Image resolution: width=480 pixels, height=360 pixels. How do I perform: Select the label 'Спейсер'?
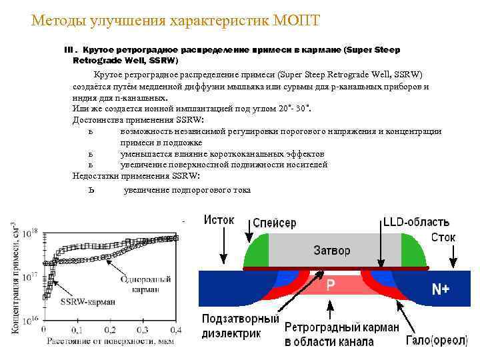[275, 223]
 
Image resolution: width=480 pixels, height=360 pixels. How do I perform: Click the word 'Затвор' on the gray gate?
[331, 251]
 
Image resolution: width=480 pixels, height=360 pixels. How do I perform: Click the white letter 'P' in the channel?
[331, 284]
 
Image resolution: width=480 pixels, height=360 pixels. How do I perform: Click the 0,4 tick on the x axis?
[177, 330]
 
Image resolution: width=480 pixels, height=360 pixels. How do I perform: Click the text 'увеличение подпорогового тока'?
[187, 190]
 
